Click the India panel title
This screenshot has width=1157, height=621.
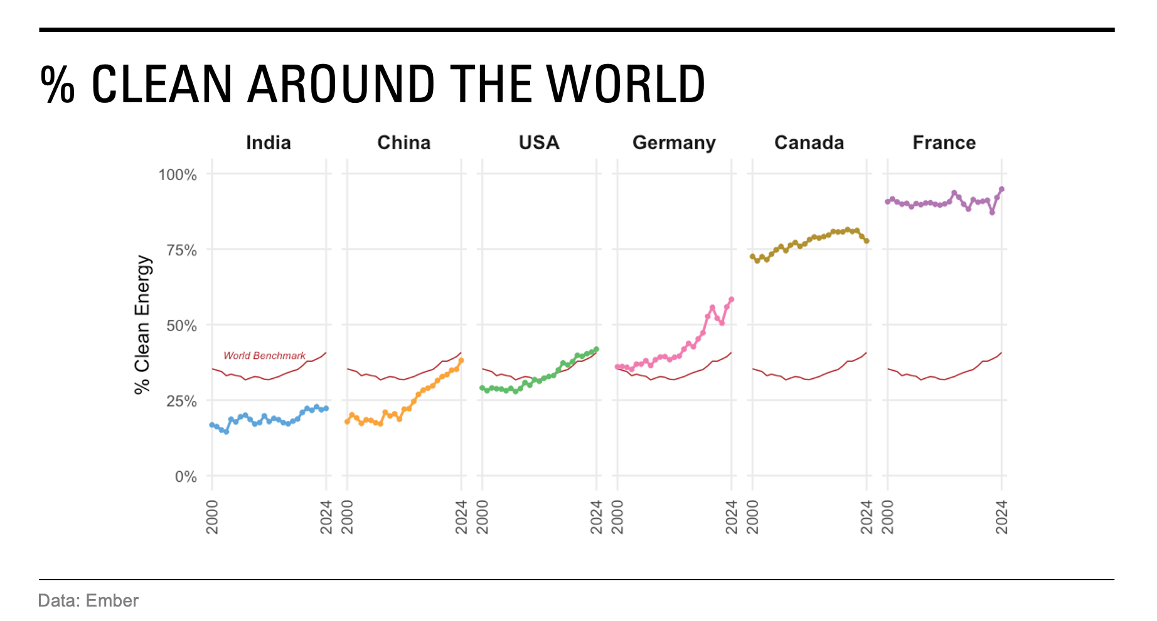269,143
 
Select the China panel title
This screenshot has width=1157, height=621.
403,143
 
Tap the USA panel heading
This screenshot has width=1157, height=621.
539,143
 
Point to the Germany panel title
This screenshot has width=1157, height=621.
674,143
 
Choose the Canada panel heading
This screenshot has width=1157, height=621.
809,143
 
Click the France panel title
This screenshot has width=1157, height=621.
944,143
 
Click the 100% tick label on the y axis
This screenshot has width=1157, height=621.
178,174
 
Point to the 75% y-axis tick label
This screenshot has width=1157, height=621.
181,250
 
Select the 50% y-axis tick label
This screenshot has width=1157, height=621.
181,326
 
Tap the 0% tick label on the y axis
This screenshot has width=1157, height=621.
186,477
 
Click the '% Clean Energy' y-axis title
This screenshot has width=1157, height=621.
142,324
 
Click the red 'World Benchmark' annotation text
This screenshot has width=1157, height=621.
264,356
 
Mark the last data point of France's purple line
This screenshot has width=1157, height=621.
1001,189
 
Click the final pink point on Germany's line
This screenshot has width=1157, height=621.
732,300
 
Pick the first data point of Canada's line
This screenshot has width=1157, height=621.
752,257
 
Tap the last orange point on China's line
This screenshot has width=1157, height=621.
461,361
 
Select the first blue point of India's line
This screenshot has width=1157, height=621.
212,425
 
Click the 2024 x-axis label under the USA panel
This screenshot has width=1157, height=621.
596,517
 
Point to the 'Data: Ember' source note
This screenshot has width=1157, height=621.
88,601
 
